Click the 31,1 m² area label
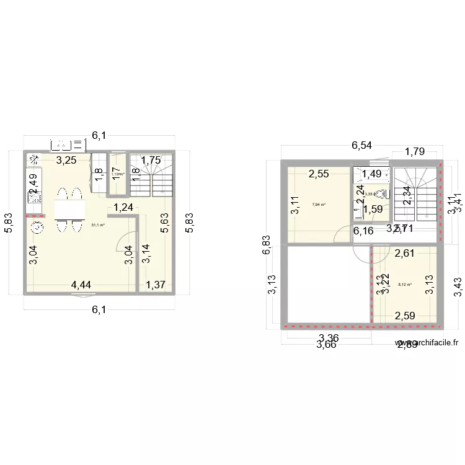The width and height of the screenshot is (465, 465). [98, 225]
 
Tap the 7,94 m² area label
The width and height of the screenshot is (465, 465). [319, 205]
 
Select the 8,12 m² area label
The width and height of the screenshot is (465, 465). [405, 285]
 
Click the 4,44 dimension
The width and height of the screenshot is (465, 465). [82, 285]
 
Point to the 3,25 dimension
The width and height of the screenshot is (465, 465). [67, 161]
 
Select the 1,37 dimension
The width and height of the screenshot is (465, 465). [156, 285]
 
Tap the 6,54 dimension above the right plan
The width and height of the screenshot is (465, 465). [362, 146]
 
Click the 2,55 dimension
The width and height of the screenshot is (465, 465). [319, 174]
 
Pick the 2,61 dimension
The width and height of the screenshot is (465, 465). [405, 252]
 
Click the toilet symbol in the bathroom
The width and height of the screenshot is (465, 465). [381, 193]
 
